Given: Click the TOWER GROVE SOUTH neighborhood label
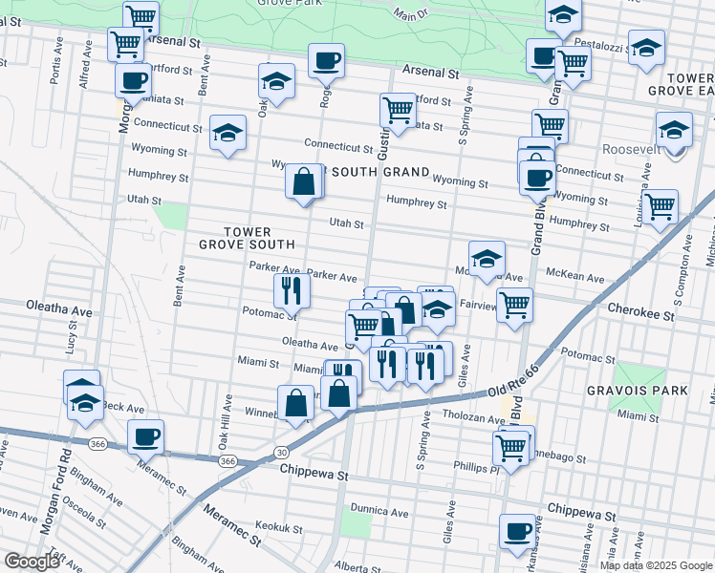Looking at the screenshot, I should [247, 238].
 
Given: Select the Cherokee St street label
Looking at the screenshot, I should [641, 313].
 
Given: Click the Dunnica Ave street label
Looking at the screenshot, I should [379, 511].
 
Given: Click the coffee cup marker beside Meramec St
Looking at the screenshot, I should [145, 436].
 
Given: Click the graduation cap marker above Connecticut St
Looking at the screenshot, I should [227, 133].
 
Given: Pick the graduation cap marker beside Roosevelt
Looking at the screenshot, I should [674, 128].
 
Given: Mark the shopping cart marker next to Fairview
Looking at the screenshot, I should [514, 306].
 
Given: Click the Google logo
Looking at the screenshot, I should [31, 562].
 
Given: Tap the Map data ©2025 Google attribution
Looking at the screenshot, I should [655, 565].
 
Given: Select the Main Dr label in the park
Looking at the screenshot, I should [411, 15].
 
